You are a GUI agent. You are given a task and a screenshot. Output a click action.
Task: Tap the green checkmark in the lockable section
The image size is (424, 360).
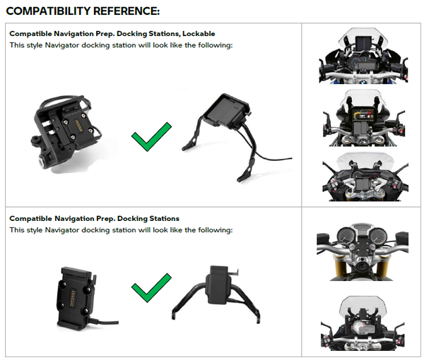151,136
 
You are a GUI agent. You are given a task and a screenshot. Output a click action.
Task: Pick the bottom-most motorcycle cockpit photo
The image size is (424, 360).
361,325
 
